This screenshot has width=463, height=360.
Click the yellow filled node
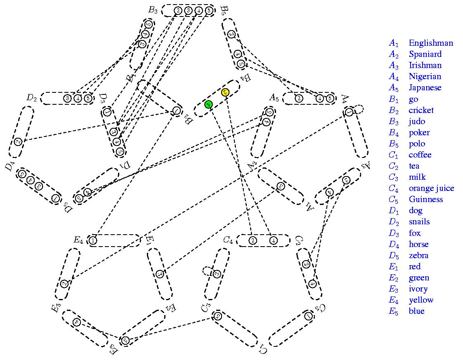[225, 92]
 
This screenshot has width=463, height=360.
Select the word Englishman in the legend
[430, 43]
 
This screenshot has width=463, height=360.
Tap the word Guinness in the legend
[425, 199]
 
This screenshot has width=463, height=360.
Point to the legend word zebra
[418, 255]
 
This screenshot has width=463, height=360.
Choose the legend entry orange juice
[431, 188]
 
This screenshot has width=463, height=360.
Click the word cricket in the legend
[421, 110]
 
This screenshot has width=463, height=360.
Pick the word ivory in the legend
[418, 289]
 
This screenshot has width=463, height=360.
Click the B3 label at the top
[153, 10]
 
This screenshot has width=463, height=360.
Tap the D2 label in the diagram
[32, 98]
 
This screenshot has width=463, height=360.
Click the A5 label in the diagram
[274, 98]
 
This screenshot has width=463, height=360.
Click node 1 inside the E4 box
[93, 240]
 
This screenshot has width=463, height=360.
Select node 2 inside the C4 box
[253, 240]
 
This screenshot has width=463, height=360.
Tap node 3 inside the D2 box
[67, 98]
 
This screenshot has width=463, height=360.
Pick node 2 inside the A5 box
[299, 98]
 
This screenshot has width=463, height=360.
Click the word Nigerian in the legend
[425, 76]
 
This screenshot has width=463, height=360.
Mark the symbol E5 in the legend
[394, 311]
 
